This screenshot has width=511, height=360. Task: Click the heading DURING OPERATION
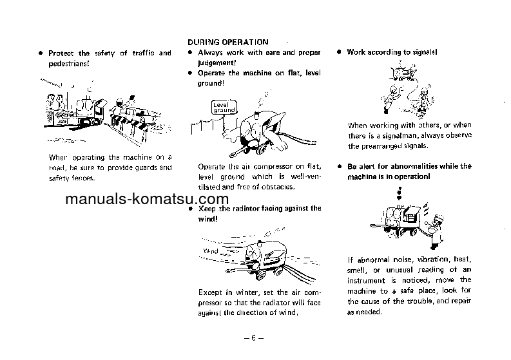[227, 42]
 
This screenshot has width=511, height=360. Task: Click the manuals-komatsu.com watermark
[146, 199]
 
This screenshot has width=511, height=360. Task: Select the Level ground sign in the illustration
[224, 107]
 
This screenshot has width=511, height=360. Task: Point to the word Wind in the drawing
[211, 250]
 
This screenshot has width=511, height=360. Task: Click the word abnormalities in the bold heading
[416, 166]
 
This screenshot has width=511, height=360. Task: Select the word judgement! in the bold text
[217, 62]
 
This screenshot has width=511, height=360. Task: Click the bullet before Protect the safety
[40, 53]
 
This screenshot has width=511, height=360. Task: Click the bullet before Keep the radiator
[190, 209]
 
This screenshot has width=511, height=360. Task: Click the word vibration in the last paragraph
[421, 260]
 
